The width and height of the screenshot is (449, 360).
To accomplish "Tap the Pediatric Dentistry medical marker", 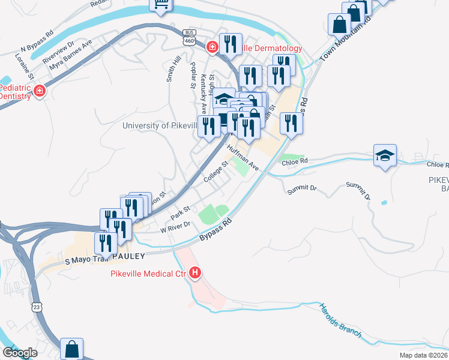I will click(x=40, y=91).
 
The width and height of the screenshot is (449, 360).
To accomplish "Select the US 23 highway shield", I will click(x=37, y=307).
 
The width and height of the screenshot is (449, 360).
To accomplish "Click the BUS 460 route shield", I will click(x=190, y=37).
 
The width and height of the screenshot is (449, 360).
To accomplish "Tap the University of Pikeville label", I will click(x=160, y=125).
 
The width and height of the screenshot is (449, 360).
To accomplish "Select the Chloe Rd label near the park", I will click(x=295, y=161).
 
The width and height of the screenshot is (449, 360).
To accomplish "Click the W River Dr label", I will click(x=175, y=227).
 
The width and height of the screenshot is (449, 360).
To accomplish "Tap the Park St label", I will click(x=179, y=212).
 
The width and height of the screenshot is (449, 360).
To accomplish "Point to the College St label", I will click(x=215, y=172).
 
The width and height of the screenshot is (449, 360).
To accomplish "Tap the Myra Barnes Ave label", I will click(x=71, y=55).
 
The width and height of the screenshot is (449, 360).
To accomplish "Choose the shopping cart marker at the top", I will click(x=161, y=5).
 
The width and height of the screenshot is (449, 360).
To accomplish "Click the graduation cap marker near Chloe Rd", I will click(x=385, y=156).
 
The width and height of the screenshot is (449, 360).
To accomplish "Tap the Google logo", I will click(x=20, y=353).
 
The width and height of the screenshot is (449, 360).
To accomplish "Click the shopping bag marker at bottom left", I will click(x=71, y=349).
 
